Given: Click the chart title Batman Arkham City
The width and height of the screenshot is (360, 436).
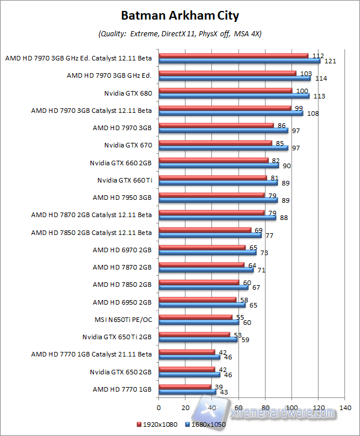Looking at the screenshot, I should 180,15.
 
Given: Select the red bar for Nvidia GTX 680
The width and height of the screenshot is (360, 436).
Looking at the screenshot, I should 225,90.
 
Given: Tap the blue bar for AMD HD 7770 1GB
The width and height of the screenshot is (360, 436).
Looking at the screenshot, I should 187,392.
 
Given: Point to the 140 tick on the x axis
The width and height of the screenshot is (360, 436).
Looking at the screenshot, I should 346,407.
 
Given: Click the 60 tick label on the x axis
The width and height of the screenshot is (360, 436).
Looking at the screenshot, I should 238,407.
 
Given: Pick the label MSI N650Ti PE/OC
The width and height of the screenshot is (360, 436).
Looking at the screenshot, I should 123,319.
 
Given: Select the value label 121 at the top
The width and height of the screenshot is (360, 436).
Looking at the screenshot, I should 330,61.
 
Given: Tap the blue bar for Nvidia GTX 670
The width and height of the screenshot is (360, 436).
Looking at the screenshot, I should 223,148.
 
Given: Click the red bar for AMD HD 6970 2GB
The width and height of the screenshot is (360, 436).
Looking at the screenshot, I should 202,247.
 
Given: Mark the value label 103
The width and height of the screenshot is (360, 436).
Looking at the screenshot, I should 306,73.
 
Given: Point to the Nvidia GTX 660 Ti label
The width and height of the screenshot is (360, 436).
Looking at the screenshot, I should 124,180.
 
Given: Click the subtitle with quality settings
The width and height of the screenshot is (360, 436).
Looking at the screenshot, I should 180,33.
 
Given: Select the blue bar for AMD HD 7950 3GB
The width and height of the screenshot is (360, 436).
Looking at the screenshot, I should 218,200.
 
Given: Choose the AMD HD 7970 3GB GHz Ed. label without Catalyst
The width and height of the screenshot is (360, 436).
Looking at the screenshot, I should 109,75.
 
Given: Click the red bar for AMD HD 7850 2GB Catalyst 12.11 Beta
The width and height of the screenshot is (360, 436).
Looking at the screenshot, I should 204,230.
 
